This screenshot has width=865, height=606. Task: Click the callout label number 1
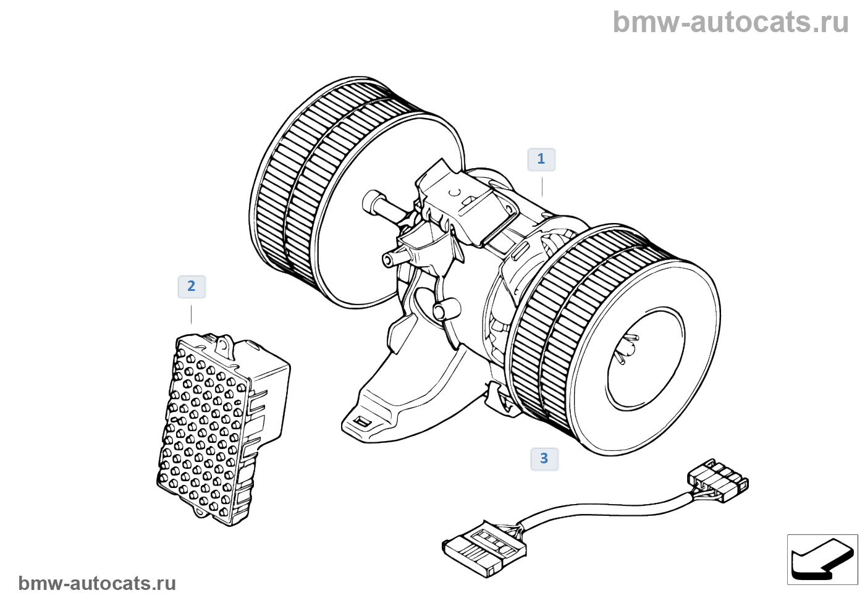(x=541, y=159)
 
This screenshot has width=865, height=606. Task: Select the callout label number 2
(x=192, y=287)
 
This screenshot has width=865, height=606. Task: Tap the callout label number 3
(x=544, y=459)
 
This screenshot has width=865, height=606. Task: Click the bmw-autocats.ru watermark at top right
(x=730, y=23)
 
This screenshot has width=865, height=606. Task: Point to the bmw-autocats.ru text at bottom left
(x=98, y=584)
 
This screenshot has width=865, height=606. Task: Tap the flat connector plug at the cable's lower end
(x=483, y=547)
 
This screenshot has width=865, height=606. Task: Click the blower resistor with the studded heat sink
(x=216, y=426)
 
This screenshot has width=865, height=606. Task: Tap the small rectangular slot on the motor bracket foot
(x=362, y=422)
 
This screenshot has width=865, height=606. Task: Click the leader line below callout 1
(x=542, y=186)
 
